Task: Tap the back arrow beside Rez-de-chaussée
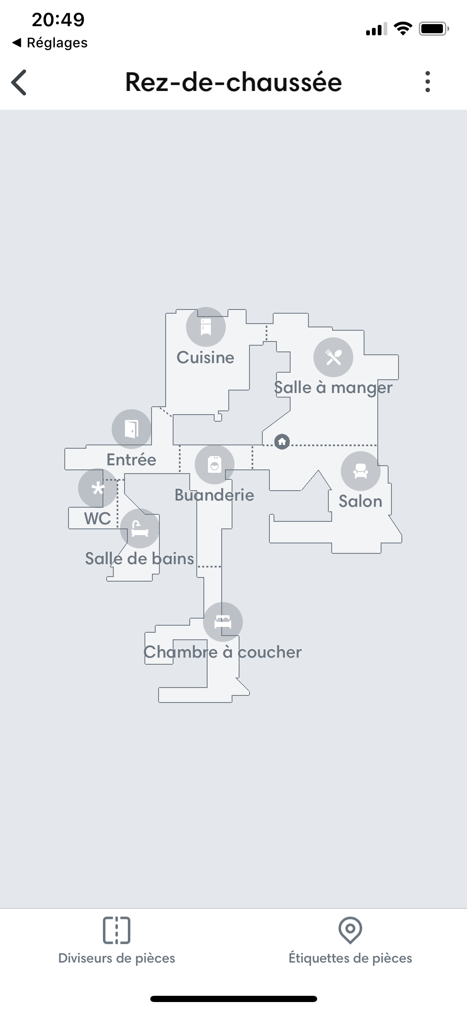coord(19,82)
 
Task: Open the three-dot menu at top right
coord(428,81)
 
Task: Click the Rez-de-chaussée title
coord(234,82)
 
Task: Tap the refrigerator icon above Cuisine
coord(206,327)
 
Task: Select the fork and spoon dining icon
coord(333,357)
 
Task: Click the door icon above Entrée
coord(132,429)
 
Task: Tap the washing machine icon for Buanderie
coord(215,464)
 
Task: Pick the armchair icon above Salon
coord(361,471)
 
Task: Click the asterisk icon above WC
coord(98,488)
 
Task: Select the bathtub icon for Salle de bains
coord(140,528)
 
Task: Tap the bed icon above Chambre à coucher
coord(223,622)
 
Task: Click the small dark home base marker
coord(282,441)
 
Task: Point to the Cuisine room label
coord(205,357)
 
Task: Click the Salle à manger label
coord(333,388)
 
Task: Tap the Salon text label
coord(360,501)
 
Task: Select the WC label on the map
coord(98,518)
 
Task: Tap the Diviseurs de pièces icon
coord(117,930)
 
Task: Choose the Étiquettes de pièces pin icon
coord(350,930)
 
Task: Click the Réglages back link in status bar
coord(50,42)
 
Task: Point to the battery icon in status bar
coord(434,29)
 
